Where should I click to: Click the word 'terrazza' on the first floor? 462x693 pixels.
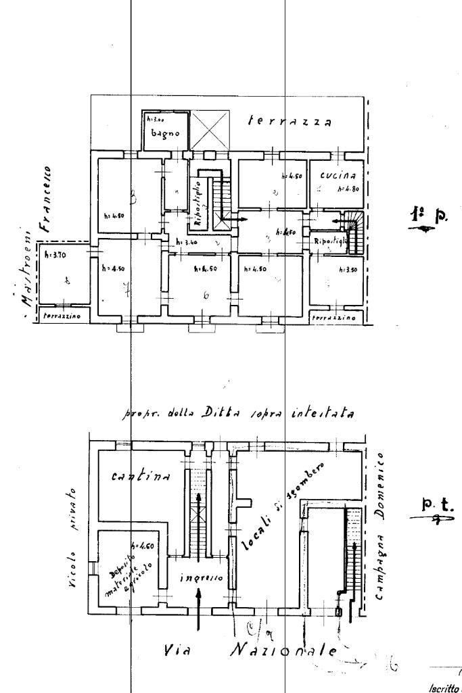[290, 122]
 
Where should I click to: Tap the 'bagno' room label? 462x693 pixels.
[164, 134]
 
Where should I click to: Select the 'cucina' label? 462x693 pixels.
[336, 174]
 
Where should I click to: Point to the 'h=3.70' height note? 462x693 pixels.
[48, 255]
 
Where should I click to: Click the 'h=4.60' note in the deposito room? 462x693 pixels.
[140, 545]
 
